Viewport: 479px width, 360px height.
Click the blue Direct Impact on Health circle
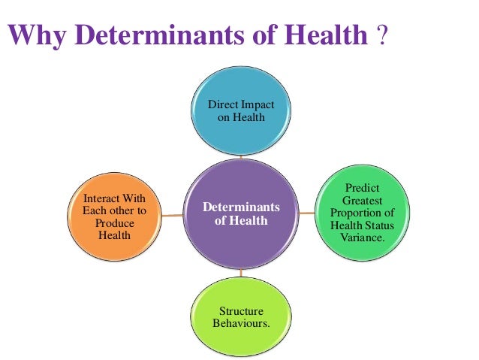pyautogui.click(x=240, y=112)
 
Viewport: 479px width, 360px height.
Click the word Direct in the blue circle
pyautogui.click(x=222, y=105)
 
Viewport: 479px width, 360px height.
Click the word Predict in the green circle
pyautogui.click(x=361, y=188)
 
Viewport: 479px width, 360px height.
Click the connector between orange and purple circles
pyautogui.click(x=172, y=216)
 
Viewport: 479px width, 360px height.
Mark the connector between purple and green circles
pyautogui.click(x=306, y=213)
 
